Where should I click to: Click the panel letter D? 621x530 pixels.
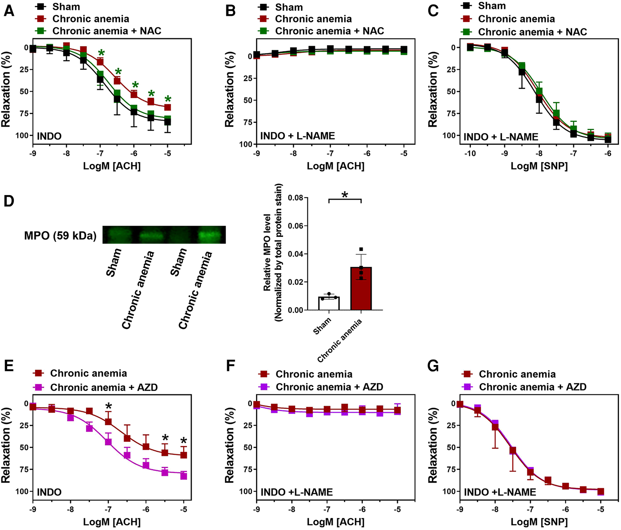click(9, 201)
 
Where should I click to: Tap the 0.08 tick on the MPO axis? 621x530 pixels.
click(295, 198)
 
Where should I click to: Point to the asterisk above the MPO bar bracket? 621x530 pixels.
click(345, 195)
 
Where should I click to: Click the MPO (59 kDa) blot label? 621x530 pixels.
click(60, 236)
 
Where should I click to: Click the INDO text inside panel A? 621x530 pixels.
click(49, 136)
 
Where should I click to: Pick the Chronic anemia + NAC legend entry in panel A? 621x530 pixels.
click(106, 31)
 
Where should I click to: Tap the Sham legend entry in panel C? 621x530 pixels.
click(491, 6)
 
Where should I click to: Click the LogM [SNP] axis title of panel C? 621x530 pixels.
click(539, 166)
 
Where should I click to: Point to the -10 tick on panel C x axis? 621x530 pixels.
click(470, 154)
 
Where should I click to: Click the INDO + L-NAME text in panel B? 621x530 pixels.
click(297, 136)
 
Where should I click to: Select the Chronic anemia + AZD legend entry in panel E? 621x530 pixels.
click(104, 387)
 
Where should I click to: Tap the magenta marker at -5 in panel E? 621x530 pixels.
click(183, 476)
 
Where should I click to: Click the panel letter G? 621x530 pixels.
click(433, 366)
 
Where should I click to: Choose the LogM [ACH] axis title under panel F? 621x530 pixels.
click(335, 522)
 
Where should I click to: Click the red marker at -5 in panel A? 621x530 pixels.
click(167, 107)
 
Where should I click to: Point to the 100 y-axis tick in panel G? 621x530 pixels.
click(449, 492)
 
